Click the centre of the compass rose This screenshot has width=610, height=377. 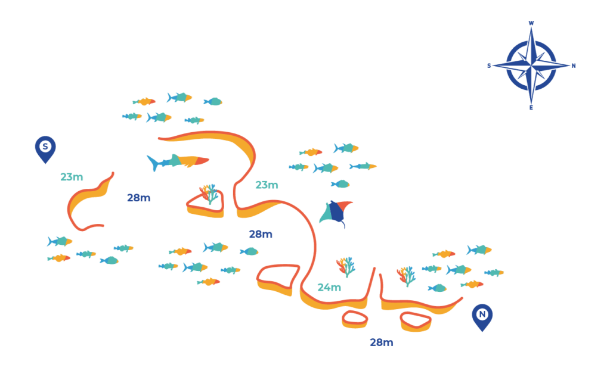click(x=531, y=66)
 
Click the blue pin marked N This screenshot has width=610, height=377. click(x=482, y=316)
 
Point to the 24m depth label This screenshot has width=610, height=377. click(x=329, y=288)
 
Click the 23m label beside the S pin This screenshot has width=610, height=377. click(x=72, y=177)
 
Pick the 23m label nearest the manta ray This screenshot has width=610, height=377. click(x=267, y=185)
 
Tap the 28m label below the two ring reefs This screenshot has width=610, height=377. click(x=381, y=342)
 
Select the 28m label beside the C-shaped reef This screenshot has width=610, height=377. click(x=138, y=198)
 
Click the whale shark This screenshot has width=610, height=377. click(x=178, y=161)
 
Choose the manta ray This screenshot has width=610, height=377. click(x=335, y=213)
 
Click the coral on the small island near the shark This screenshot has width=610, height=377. click(x=208, y=193)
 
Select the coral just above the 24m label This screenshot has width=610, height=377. click(x=345, y=266)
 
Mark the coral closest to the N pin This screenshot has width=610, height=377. click(x=405, y=275)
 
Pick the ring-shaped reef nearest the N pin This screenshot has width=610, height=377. click(x=416, y=322)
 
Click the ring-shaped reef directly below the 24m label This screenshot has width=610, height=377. click(x=355, y=319)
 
